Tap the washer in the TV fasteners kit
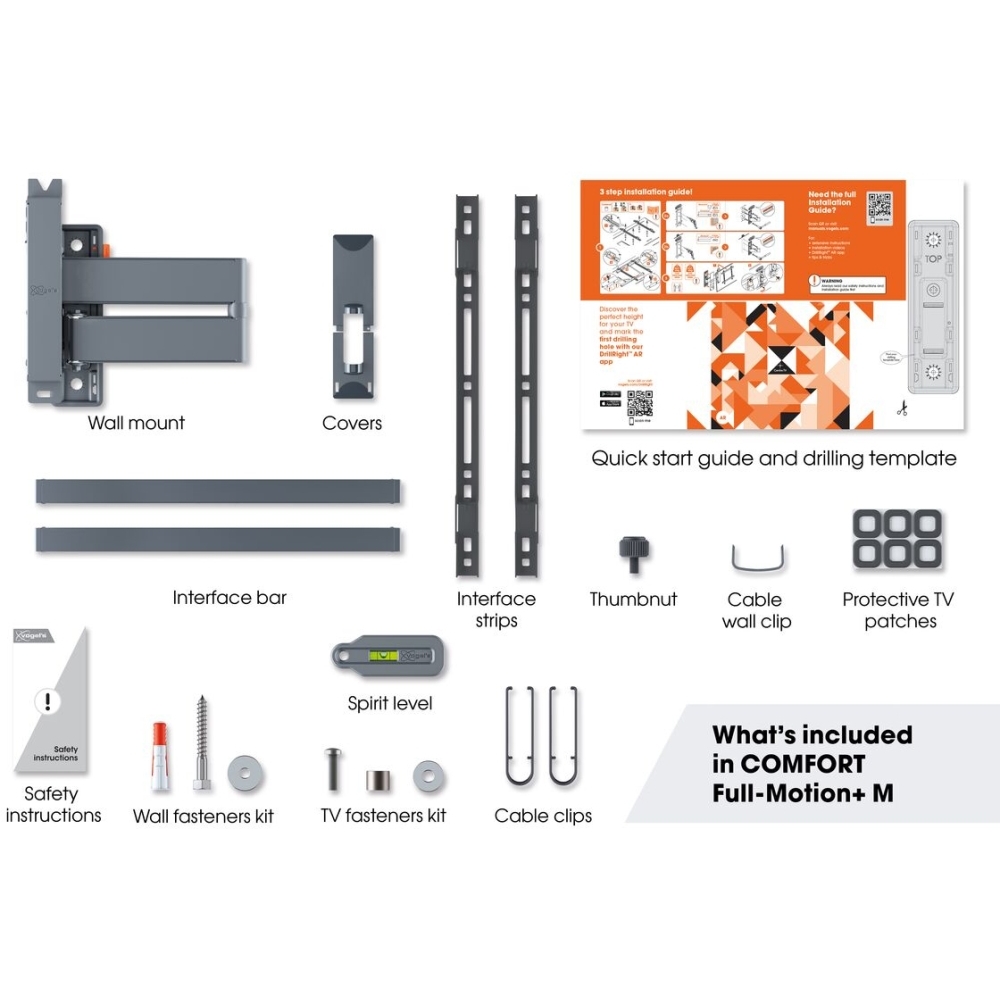(429, 773)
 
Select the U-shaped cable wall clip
(754, 558)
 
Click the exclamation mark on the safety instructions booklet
(46, 701)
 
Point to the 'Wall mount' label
(136, 423)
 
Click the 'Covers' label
(352, 423)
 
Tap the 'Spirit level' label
(390, 704)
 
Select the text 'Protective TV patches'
(898, 610)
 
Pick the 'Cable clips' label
(543, 816)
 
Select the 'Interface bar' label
(229, 598)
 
